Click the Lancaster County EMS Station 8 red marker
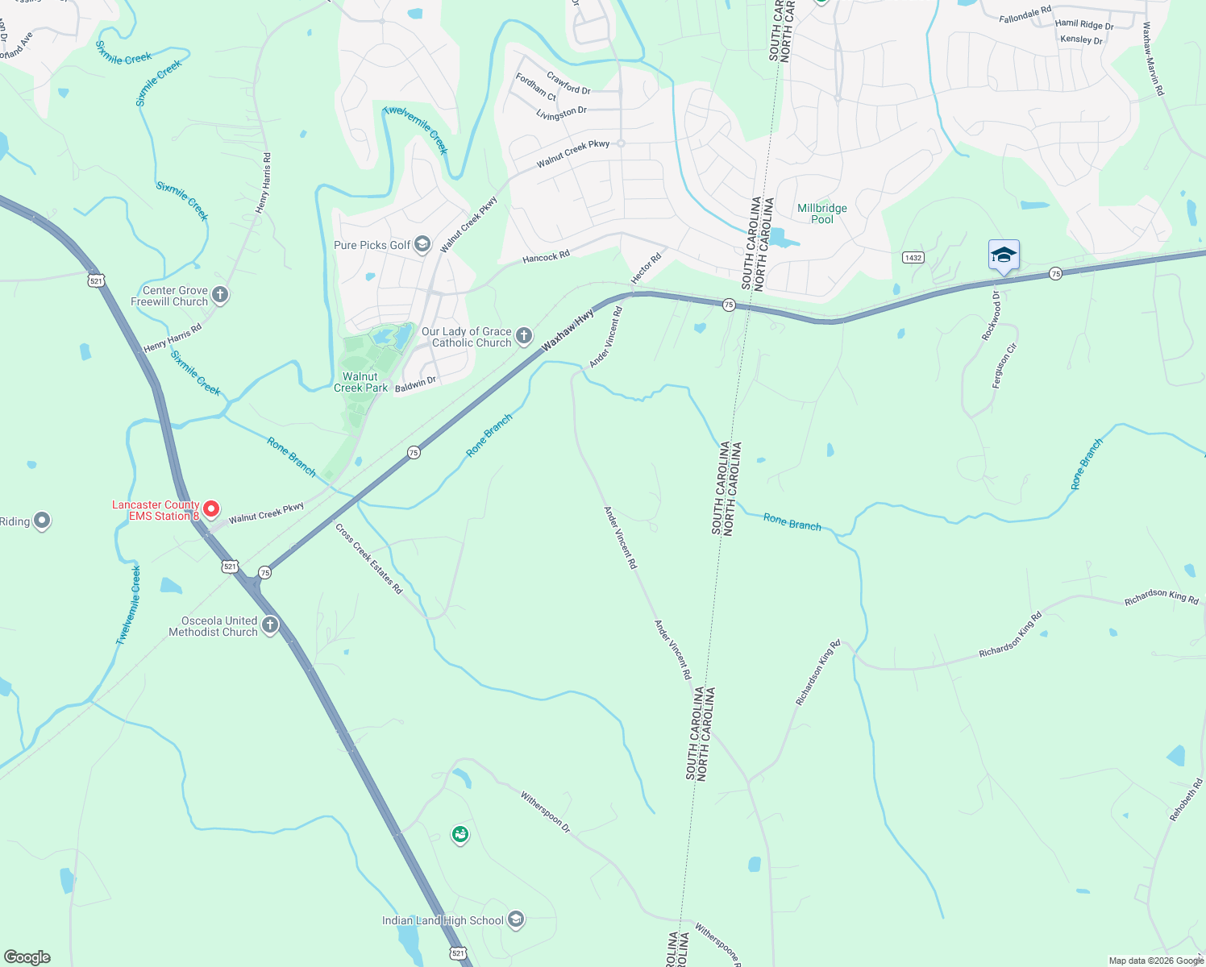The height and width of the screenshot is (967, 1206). (x=211, y=508)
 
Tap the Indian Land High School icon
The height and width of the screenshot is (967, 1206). (x=516, y=919)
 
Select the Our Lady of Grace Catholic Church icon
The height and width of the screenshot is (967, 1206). (x=524, y=335)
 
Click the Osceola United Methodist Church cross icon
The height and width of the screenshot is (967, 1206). (x=270, y=625)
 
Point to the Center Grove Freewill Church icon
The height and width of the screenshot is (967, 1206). (x=220, y=295)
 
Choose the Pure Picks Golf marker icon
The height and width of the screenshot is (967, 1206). (x=422, y=245)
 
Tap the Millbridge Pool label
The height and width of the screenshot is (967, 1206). (x=821, y=214)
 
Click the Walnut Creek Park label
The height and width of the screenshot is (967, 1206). (x=360, y=382)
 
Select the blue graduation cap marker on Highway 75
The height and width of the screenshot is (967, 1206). (x=1004, y=255)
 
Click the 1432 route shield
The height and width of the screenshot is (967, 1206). (x=913, y=258)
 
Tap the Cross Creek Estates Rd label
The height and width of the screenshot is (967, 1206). (x=368, y=558)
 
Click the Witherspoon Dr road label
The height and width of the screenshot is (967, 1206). (x=545, y=811)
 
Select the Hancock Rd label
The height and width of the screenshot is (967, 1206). (x=546, y=257)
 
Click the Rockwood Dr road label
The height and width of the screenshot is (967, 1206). (x=991, y=316)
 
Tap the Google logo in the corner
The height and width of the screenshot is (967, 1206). (x=27, y=957)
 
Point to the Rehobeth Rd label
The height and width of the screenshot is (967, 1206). (x=1186, y=799)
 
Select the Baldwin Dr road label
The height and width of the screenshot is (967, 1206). (x=415, y=384)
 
